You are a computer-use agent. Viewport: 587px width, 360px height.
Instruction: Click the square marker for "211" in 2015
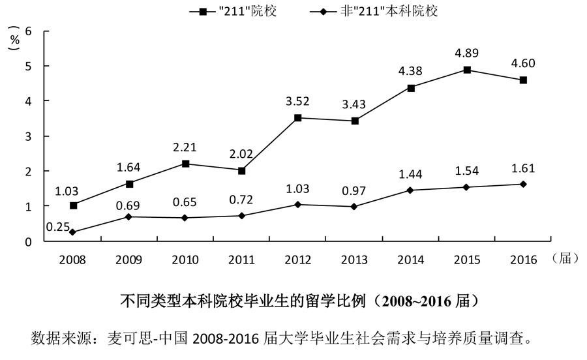(467, 70)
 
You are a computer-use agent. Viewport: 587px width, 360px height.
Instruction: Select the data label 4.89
(467, 52)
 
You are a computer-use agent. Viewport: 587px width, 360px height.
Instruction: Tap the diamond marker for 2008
(73, 232)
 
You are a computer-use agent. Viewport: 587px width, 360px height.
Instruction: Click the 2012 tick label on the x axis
(299, 260)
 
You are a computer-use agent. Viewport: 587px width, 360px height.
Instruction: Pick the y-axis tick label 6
(28, 31)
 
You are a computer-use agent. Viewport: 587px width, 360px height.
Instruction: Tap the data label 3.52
(299, 100)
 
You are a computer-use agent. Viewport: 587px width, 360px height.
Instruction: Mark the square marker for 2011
(242, 171)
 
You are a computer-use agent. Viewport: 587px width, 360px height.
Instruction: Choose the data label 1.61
(523, 169)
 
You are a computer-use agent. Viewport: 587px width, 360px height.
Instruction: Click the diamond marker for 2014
(411, 190)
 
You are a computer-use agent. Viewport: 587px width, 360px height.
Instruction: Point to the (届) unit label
(565, 259)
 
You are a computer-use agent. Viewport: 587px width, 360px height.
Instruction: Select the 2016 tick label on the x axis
(523, 260)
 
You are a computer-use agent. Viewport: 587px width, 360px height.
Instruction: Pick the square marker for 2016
(523, 80)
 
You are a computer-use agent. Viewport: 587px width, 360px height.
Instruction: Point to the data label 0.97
(354, 191)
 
